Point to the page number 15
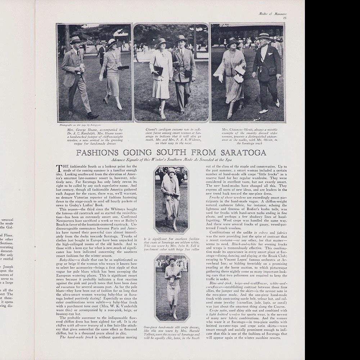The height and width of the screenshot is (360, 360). [284, 18]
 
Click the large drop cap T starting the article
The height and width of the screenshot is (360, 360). [59, 168]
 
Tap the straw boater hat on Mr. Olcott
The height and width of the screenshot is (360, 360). [264, 36]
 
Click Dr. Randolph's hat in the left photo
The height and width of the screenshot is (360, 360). [76, 40]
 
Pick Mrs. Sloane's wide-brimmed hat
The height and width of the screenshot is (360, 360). [113, 43]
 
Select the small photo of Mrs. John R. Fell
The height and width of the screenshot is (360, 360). [171, 199]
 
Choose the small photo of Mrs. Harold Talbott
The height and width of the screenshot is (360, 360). [172, 287]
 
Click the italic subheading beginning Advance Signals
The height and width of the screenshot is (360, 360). [171, 159]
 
